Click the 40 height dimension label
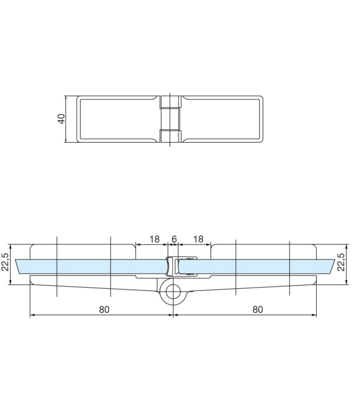[x=61, y=119]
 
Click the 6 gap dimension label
[x=174, y=239]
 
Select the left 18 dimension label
[x=155, y=239]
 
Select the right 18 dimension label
[x=199, y=239]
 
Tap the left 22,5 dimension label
[x=5, y=262]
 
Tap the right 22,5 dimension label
[x=340, y=262]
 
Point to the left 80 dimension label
[x=104, y=310]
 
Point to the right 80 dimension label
[x=258, y=310]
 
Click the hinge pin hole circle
[x=173, y=291]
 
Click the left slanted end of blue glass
[x=18, y=267]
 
